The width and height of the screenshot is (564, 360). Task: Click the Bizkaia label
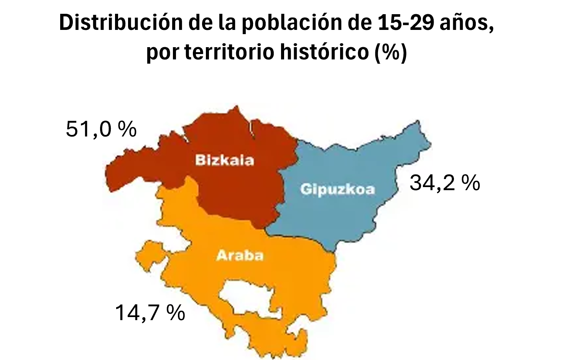(x=225, y=160)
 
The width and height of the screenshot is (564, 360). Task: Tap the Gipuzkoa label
(x=337, y=189)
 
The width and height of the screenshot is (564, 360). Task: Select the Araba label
(x=240, y=255)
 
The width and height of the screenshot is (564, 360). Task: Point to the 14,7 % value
(x=150, y=312)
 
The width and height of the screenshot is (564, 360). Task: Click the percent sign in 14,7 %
(x=176, y=312)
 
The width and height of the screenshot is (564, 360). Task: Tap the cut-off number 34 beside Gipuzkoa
(x=421, y=182)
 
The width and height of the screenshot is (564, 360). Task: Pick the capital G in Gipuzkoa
(x=306, y=189)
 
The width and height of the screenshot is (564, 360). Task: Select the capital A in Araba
(x=222, y=255)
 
